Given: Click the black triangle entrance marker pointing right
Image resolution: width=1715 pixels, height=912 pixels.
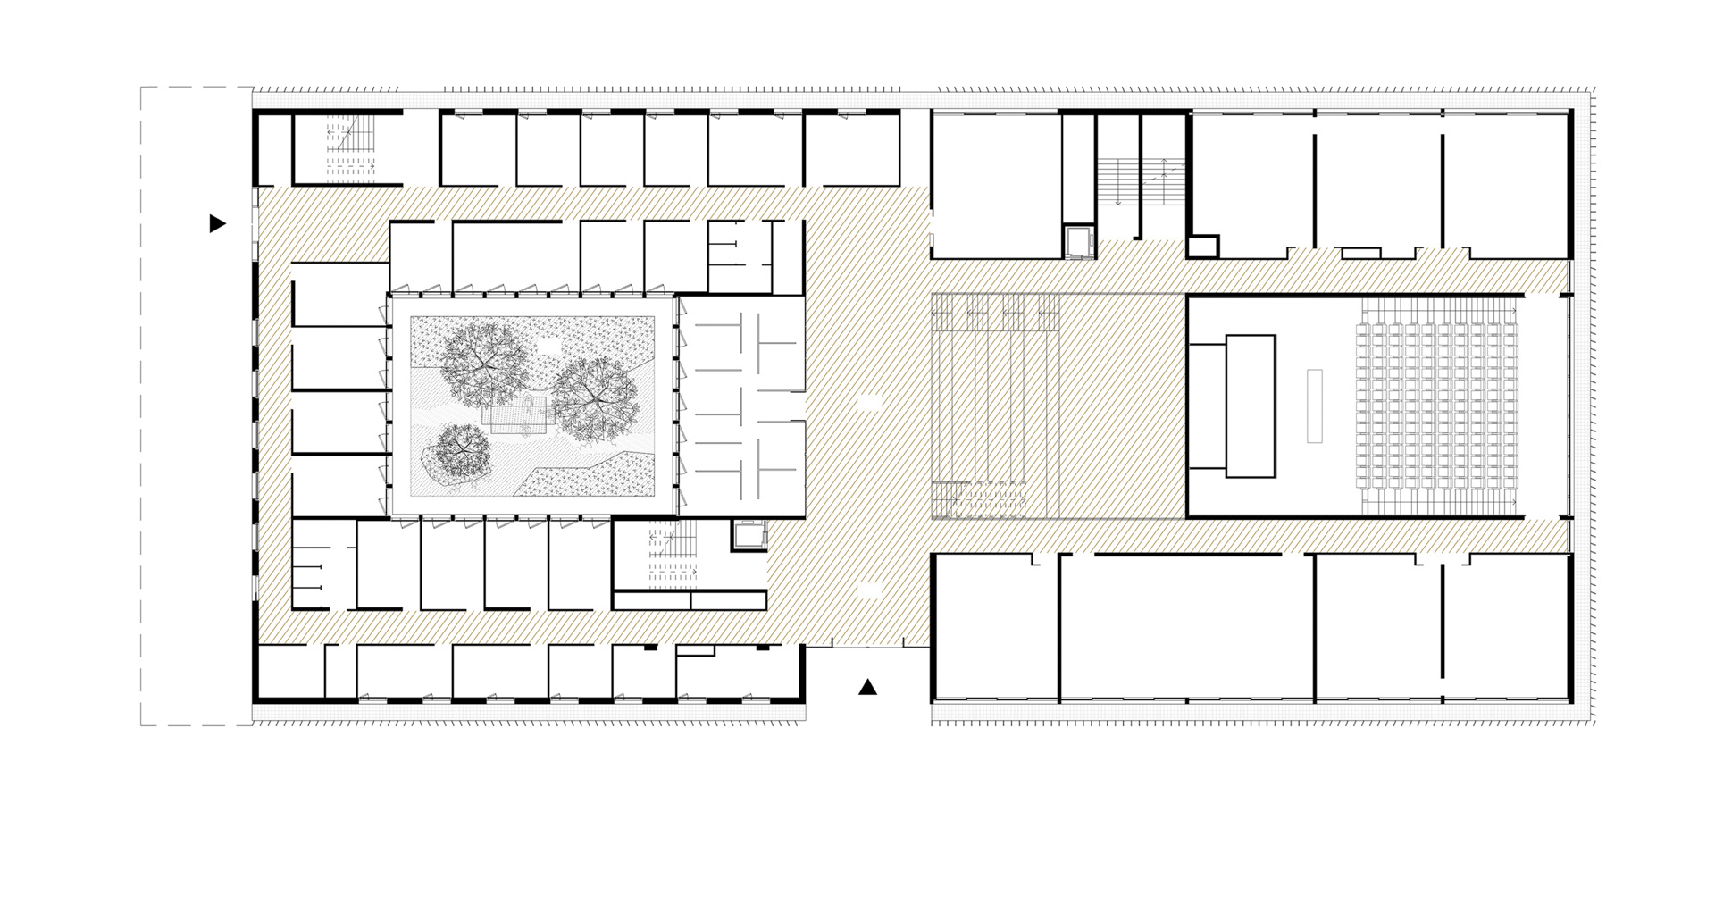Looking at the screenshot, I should pos(216,223).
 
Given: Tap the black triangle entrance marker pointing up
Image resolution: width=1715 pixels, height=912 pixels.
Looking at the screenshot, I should pos(867,687).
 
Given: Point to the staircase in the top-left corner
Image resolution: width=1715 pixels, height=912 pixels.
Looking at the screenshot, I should pos(347,147).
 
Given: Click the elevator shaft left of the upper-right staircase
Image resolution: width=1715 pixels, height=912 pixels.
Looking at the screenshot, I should pos(1079,241).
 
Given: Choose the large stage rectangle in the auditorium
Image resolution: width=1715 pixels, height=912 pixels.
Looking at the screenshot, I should pos(1250,406).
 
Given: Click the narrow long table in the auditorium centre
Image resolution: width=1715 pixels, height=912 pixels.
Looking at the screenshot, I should pos(1315,406).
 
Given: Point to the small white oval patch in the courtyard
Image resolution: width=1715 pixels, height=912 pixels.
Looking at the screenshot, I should pos(548,340).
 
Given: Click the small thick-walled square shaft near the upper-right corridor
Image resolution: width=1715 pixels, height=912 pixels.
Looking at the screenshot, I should pos(1203,246).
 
